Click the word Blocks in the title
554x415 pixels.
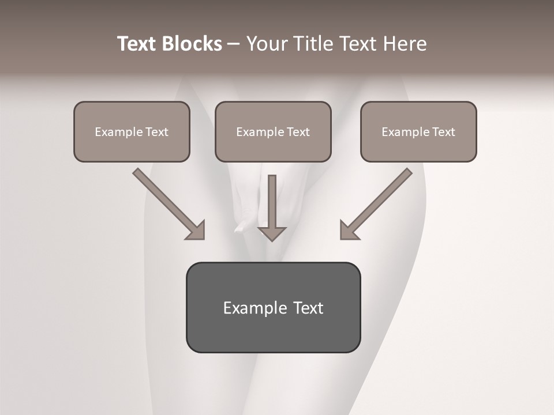click(193, 44)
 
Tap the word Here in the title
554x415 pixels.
click(404, 44)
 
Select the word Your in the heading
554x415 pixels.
click(264, 44)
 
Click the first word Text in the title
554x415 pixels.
click(138, 44)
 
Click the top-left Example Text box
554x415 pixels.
click(132, 131)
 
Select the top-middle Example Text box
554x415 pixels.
click(273, 131)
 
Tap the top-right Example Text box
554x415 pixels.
click(418, 131)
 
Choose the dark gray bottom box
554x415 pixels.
click(273, 307)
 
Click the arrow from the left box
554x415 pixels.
click(167, 203)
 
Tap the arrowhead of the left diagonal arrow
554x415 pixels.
click(196, 231)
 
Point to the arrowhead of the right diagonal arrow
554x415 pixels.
click(349, 231)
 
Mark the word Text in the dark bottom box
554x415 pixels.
click(308, 308)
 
